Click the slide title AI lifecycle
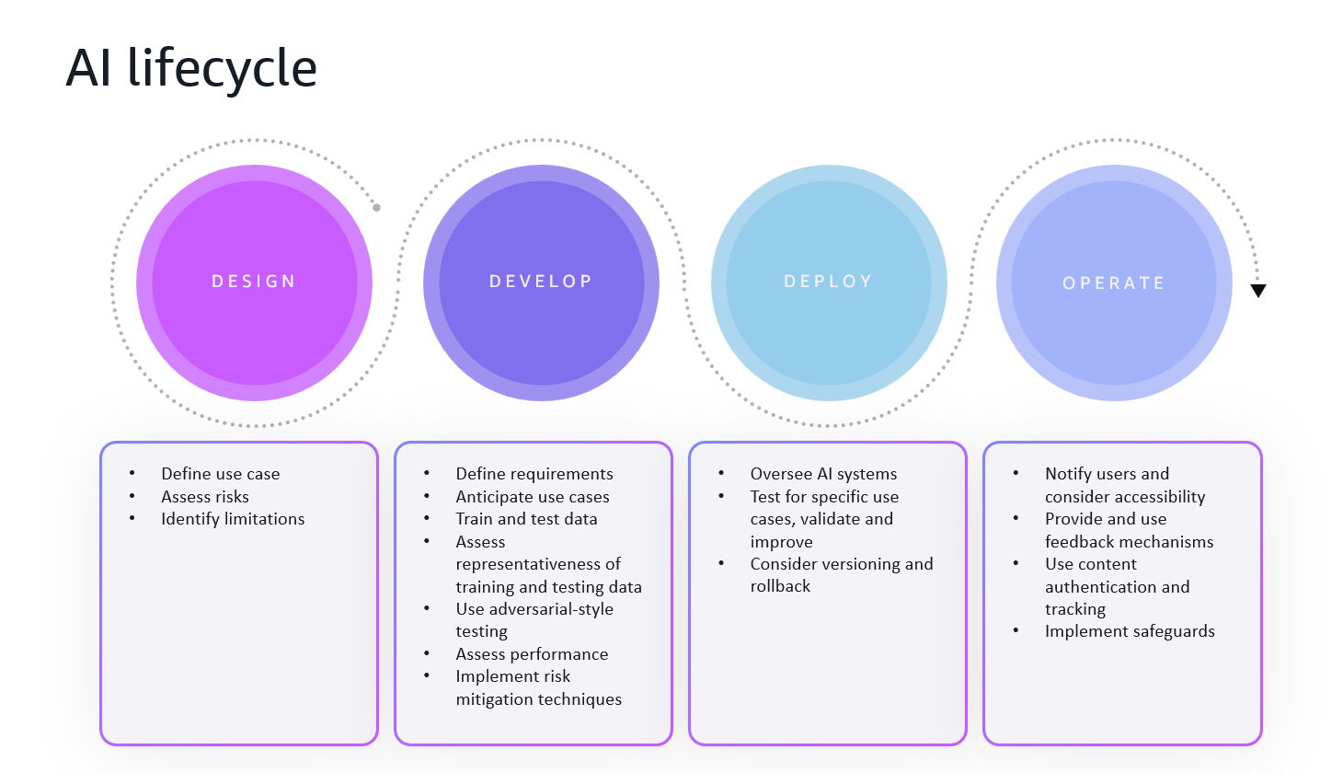[191, 68]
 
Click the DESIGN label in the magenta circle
[254, 282]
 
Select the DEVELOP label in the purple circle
[541, 282]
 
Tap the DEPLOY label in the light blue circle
[828, 282]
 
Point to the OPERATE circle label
[1114, 283]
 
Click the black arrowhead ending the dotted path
[1258, 291]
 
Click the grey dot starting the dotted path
[376, 208]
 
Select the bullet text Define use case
[220, 474]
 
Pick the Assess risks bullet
[204, 497]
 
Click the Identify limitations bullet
[233, 519]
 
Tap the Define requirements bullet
[534, 474]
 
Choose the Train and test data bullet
[526, 519]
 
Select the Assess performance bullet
[532, 654]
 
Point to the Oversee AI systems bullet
[823, 474]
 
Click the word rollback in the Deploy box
[780, 586]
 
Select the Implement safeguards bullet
[1130, 631]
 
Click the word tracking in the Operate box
[1074, 609]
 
